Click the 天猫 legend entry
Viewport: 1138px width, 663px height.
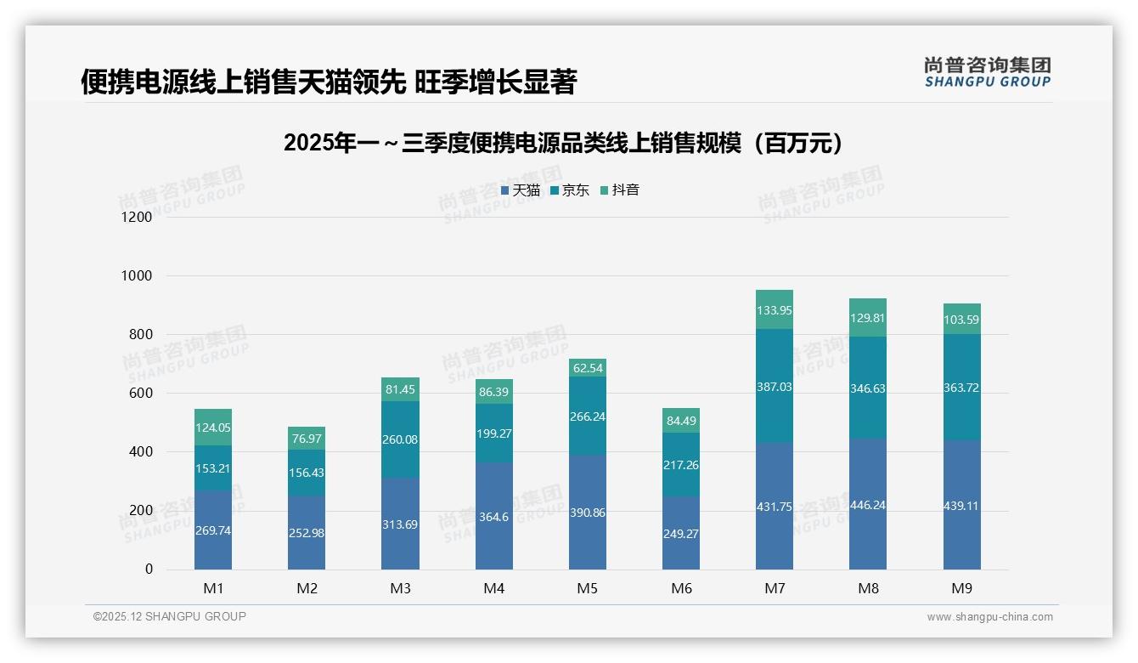pyautogui.click(x=521, y=190)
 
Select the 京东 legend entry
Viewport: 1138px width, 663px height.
pyautogui.click(x=570, y=190)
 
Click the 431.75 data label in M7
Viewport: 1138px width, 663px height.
pyautogui.click(x=774, y=507)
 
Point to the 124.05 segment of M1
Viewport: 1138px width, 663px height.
pyautogui.click(x=212, y=428)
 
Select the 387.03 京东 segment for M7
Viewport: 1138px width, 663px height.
pyautogui.click(x=774, y=385)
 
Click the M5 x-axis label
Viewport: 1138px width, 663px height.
pyautogui.click(x=588, y=588)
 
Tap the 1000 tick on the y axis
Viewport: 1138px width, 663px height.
pyautogui.click(x=136, y=276)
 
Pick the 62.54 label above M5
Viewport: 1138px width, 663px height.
pyautogui.click(x=588, y=368)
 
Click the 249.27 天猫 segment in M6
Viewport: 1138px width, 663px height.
pyautogui.click(x=681, y=534)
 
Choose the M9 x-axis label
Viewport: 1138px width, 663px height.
pyautogui.click(x=961, y=588)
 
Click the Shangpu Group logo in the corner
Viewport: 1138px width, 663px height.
pyautogui.click(x=987, y=71)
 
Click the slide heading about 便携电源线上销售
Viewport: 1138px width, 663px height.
pyautogui.click(x=330, y=82)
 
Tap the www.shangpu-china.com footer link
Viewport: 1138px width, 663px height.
pyautogui.click(x=989, y=617)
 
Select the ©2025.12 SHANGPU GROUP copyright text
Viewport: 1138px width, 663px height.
pyautogui.click(x=170, y=616)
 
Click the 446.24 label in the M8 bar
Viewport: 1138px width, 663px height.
pyautogui.click(x=867, y=505)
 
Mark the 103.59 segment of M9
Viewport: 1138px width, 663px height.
pyautogui.click(x=961, y=320)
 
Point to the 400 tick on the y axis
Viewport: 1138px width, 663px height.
pyautogui.click(x=140, y=452)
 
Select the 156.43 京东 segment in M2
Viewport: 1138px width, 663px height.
pyautogui.click(x=306, y=473)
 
